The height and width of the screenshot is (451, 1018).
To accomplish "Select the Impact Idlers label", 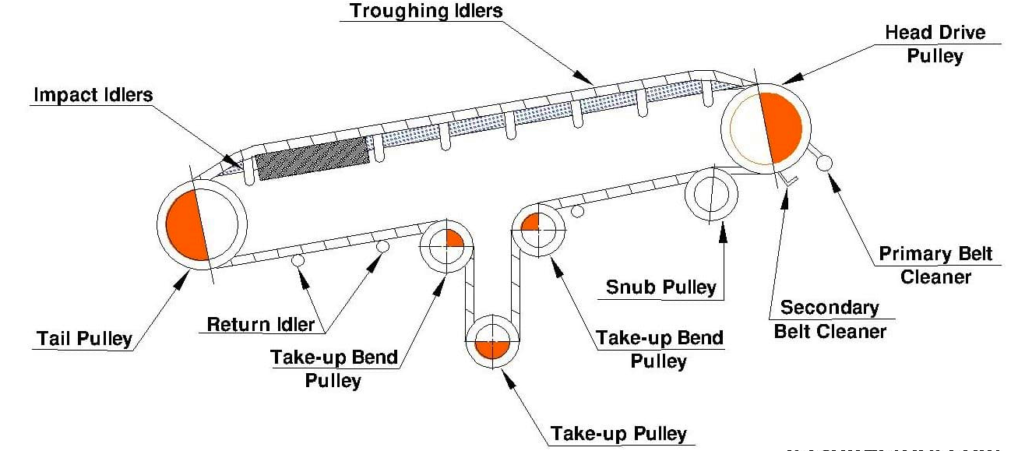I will pyautogui.click(x=93, y=95).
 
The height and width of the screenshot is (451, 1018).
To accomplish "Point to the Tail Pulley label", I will pyautogui.click(x=84, y=339).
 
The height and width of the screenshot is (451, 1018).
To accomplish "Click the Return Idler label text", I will pyautogui.click(x=261, y=322).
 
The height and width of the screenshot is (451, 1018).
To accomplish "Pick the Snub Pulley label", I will pyautogui.click(x=661, y=287).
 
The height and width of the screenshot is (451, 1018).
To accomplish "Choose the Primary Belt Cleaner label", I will pyautogui.click(x=927, y=266).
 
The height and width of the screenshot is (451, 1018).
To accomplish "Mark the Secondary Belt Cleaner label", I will pyautogui.click(x=830, y=319).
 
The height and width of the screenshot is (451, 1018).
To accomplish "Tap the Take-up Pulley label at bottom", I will pyautogui.click(x=619, y=433).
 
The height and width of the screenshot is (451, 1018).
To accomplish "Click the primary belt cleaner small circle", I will pyautogui.click(x=824, y=163).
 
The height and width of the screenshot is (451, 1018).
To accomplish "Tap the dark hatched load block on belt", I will pyautogui.click(x=313, y=158).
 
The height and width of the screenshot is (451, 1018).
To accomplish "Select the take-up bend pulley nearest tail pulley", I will pyautogui.click(x=444, y=245).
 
